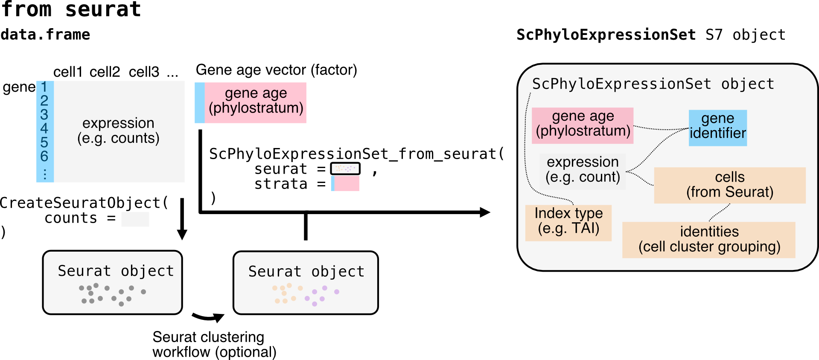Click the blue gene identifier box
coord(717,128)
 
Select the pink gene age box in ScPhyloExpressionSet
coord(583,125)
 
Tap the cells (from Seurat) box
coord(730,185)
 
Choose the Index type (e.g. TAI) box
coord(568,223)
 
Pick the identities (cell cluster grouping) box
coord(709,240)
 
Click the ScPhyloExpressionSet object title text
coord(653,84)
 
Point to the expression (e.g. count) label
coord(583,169)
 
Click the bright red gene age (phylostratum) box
coord(256,103)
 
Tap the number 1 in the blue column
coord(44,87)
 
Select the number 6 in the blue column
coord(44,157)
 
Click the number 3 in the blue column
coord(44,115)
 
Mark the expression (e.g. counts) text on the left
coord(118,131)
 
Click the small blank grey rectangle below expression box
coord(135,219)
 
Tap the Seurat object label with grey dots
coord(116,271)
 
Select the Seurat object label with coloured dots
coord(306,271)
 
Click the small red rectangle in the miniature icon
coord(347,183)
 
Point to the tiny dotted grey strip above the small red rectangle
coord(345,168)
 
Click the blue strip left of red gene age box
coord(199,103)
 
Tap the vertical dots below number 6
coord(45,174)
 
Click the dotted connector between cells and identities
coord(720,212)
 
